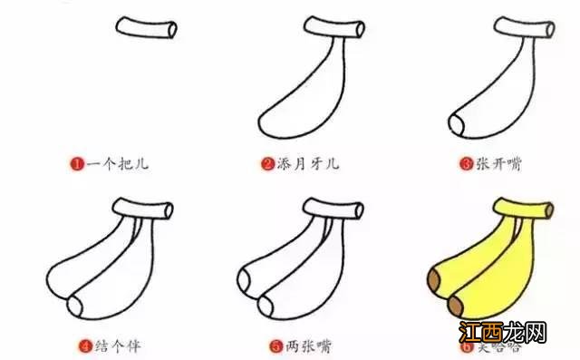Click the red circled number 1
[x=79, y=164]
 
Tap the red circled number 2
[x=267, y=164]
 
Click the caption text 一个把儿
[x=117, y=164]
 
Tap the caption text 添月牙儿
[x=305, y=164]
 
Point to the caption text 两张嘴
[x=301, y=346]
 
